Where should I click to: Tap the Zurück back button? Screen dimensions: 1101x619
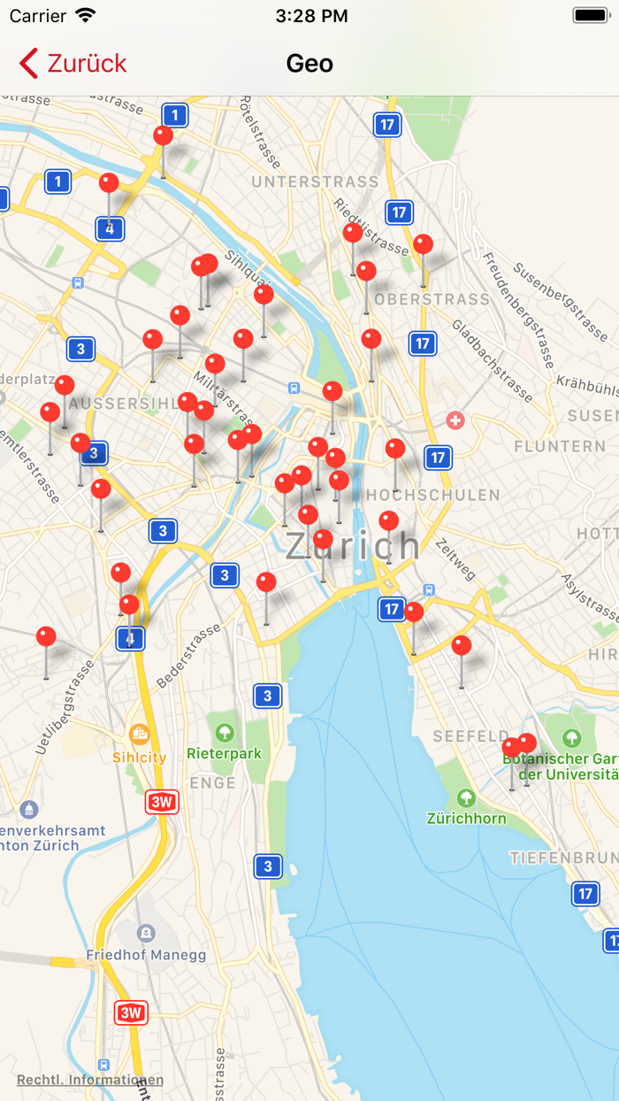pos(73,64)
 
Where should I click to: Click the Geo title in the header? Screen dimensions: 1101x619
pos(309,64)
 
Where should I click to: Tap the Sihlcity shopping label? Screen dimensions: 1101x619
pos(139,757)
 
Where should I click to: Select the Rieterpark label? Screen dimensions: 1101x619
pos(225,754)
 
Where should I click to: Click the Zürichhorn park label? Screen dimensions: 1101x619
pos(466,818)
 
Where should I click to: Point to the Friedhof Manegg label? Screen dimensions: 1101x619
pos(146,955)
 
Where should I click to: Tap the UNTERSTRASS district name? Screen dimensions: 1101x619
pos(315,182)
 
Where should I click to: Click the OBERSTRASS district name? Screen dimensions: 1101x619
pos(432,299)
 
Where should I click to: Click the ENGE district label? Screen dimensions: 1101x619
pos(212,782)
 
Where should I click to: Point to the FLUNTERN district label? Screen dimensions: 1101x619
pos(560,445)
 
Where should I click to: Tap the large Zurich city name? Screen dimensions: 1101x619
pos(352,545)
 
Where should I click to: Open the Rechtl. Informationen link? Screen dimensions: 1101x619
pos(89,1080)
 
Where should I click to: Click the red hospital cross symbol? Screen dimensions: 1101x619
pos(455,420)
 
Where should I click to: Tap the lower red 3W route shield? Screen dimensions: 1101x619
pos(131,1012)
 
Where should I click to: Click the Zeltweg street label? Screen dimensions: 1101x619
pos(455,559)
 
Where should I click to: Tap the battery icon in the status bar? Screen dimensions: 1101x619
pos(590,15)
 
